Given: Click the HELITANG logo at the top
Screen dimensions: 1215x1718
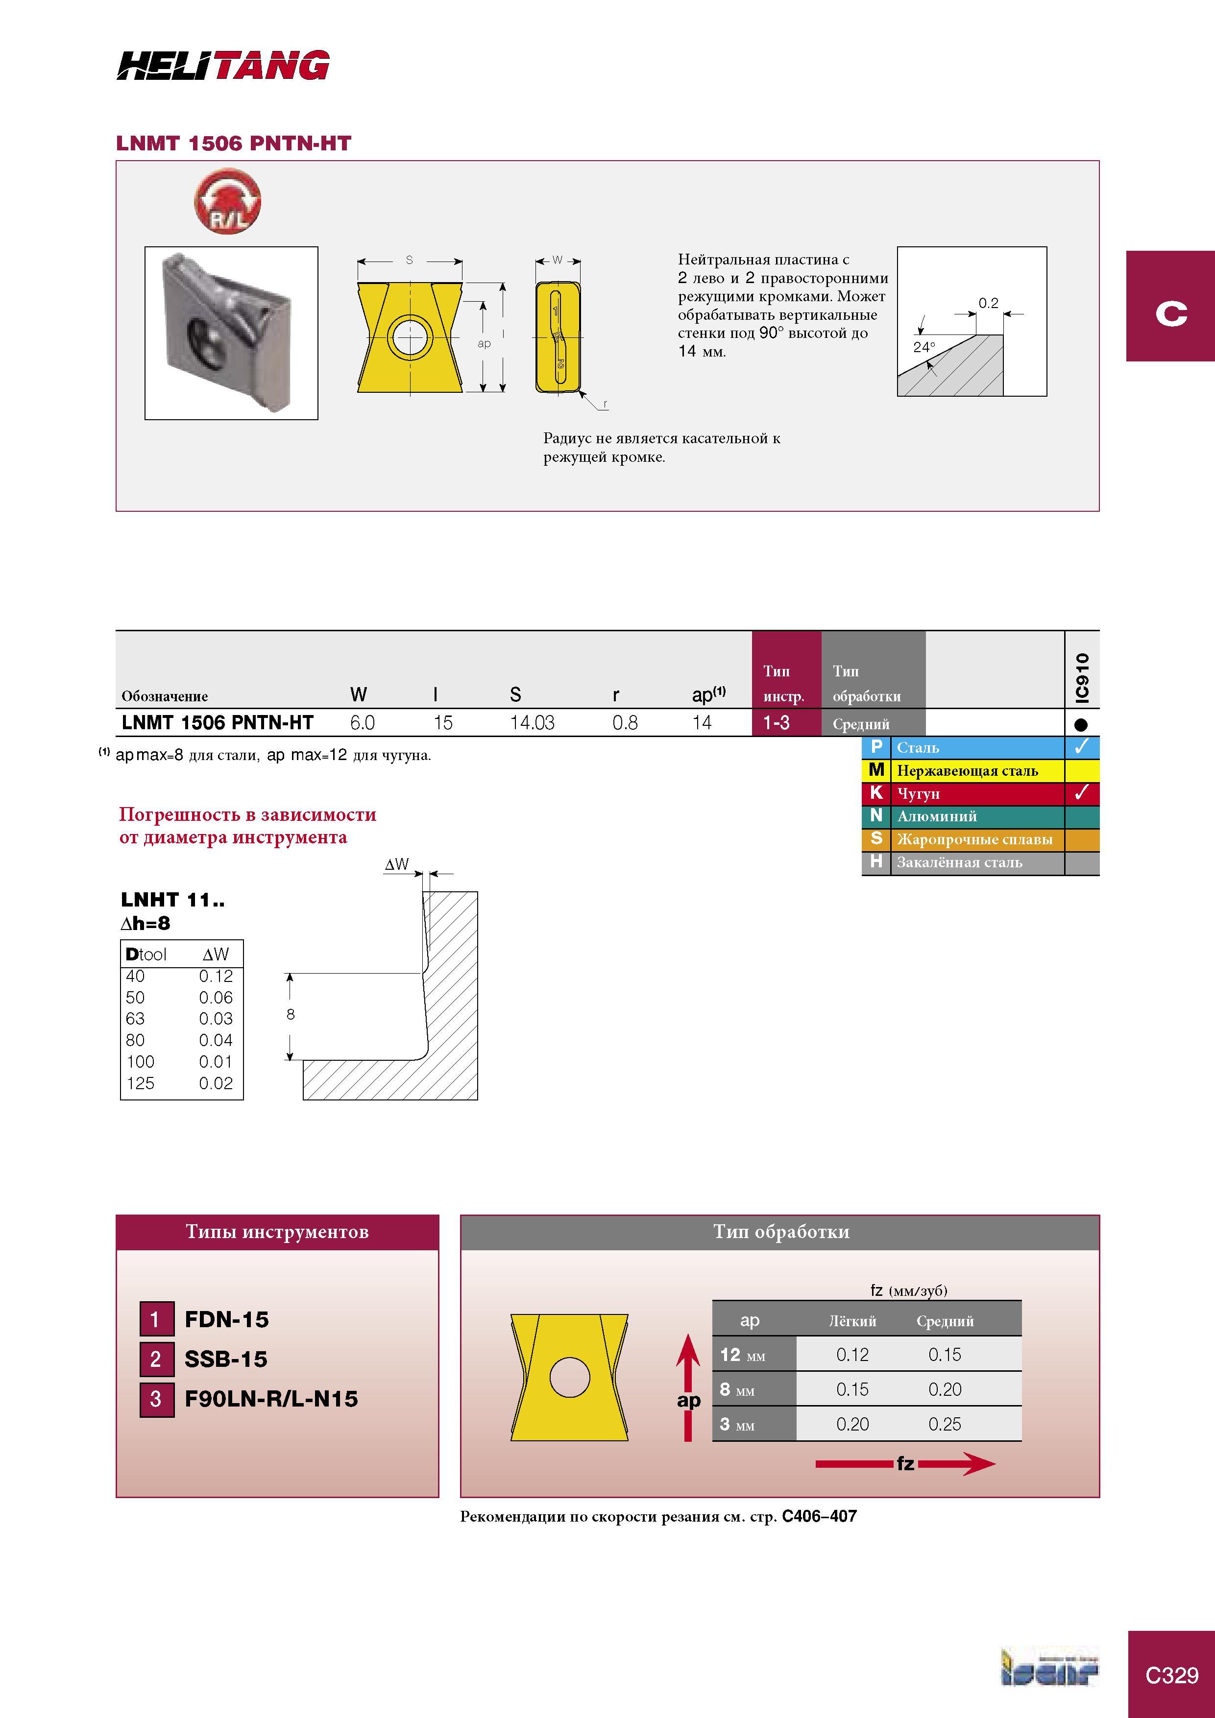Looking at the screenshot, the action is click(x=223, y=65).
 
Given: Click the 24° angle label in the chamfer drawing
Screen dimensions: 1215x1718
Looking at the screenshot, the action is click(x=924, y=347).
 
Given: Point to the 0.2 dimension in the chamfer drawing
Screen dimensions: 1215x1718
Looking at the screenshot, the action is click(x=988, y=303).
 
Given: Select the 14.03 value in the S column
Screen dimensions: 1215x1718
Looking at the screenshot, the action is click(x=532, y=723).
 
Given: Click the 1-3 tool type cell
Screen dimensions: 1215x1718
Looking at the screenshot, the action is click(x=777, y=723).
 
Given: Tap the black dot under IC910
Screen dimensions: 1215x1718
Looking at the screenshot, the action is click(x=1081, y=724).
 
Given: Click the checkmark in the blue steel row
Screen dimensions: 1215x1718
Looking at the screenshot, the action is click(x=1081, y=747).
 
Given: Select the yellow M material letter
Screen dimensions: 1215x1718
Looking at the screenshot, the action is click(x=876, y=770).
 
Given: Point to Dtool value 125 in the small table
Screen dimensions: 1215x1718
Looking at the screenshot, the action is click(x=140, y=1083).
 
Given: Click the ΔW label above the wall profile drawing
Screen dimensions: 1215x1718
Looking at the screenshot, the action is click(x=397, y=864).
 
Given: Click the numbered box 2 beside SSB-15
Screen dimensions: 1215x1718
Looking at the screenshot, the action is click(x=156, y=1359).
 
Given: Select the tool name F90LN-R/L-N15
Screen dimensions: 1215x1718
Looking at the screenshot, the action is click(x=271, y=1399).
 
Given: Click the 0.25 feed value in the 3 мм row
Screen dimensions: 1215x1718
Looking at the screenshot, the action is click(x=945, y=1424).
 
